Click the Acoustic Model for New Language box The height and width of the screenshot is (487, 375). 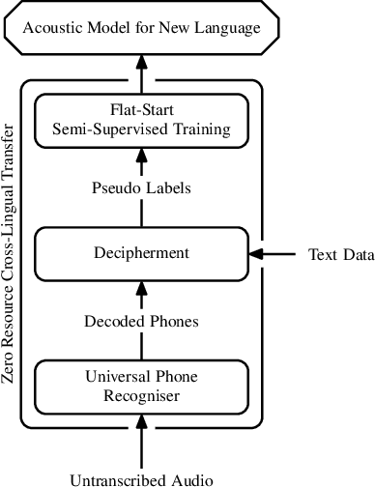141,28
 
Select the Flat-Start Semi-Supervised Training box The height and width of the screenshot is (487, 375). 141,119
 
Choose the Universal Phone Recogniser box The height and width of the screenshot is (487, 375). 141,385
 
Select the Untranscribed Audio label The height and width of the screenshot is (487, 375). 141,477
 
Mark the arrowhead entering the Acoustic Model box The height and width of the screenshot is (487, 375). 141,61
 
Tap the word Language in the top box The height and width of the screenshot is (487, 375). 228,28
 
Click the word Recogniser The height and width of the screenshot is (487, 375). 141,394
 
